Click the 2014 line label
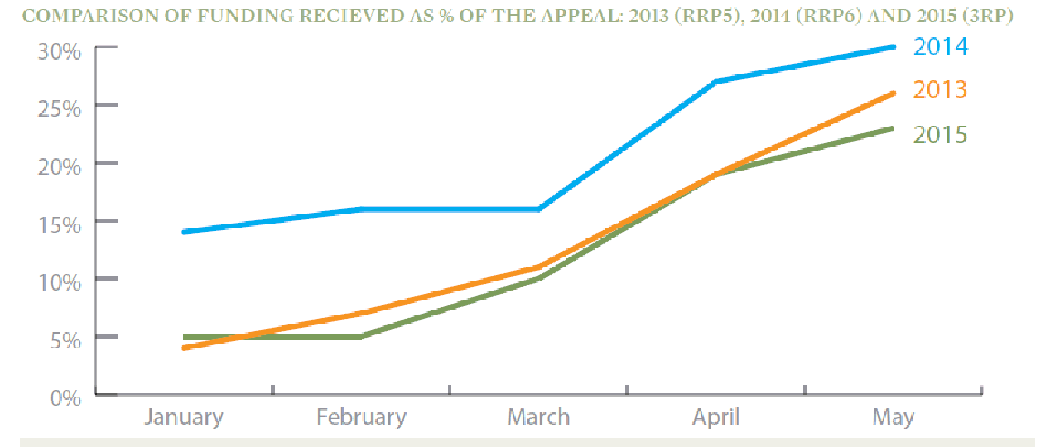940,46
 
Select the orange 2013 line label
940,89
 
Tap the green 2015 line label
940,134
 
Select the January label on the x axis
183,416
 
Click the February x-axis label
361,416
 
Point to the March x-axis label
538,416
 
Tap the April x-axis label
715,416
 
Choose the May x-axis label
893,416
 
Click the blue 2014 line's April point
715,81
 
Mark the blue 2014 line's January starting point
183,232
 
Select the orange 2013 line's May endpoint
893,93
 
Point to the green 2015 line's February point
361,337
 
